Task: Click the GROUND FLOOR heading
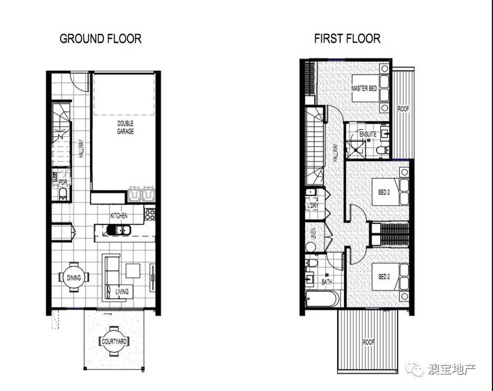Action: (100, 39)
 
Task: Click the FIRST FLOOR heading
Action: (348, 39)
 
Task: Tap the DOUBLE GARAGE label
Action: (126, 127)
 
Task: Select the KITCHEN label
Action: (119, 216)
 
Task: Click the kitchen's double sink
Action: (118, 230)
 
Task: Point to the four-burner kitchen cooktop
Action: (150, 214)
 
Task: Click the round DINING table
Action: (74, 278)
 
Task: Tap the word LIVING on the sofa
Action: (121, 292)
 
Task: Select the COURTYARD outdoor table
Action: (114, 341)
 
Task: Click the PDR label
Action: (63, 182)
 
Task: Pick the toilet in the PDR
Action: (63, 194)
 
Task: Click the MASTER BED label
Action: (364, 88)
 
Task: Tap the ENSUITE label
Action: (368, 134)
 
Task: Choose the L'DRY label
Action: (312, 206)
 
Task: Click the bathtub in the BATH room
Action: (322, 298)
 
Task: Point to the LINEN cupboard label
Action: (314, 234)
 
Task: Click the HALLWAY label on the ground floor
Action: (81, 149)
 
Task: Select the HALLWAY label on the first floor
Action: (335, 153)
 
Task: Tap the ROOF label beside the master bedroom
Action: (404, 109)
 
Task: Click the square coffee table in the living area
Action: (133, 271)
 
